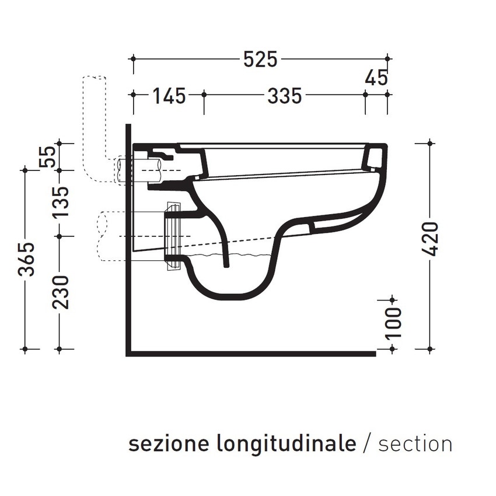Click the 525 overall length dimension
click(260, 60)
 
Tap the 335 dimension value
click(284, 95)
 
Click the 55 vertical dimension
click(49, 156)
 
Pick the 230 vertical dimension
click(61, 292)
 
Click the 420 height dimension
click(429, 239)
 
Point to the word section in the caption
click(415, 444)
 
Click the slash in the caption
click(366, 444)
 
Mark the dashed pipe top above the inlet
click(95, 79)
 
